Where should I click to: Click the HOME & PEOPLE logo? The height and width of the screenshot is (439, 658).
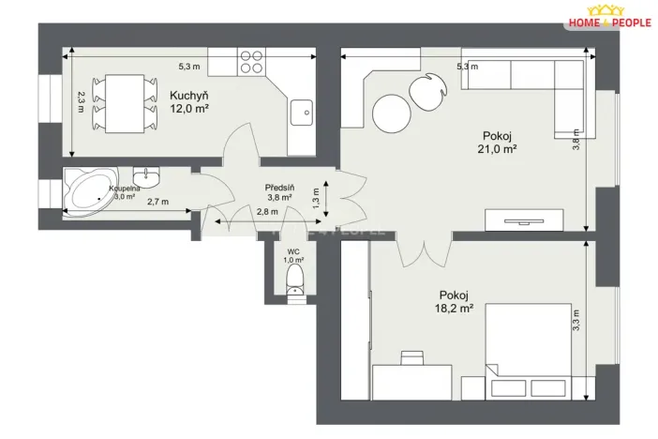point(611,18)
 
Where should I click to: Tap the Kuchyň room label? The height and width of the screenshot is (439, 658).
point(188,96)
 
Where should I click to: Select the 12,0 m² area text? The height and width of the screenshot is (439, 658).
point(188,109)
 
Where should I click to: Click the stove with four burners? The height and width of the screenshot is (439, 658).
point(250,61)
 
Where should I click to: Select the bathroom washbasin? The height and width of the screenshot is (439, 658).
point(145,176)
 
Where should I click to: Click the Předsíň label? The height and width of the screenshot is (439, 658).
point(279,186)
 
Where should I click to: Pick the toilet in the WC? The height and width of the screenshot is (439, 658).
point(294,279)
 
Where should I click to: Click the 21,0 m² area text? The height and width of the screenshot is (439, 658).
point(498,148)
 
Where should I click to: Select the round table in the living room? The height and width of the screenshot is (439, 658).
point(392,114)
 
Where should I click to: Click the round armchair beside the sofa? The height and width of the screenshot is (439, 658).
point(430,91)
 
